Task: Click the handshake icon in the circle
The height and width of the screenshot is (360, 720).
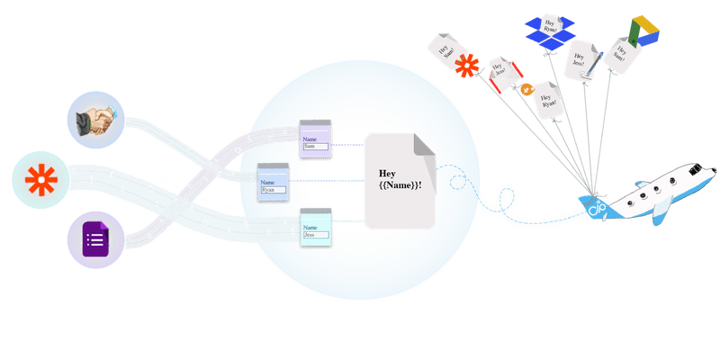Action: click(x=95, y=121)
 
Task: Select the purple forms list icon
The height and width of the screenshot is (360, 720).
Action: click(x=94, y=240)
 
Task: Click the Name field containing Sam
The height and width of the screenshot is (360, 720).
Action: click(x=316, y=146)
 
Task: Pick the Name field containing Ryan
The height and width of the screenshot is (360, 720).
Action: click(x=272, y=190)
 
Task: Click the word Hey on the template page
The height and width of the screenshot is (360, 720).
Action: click(x=388, y=173)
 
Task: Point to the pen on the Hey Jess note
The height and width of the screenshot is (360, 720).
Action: click(x=589, y=72)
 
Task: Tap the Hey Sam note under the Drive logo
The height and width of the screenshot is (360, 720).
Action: click(x=621, y=56)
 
